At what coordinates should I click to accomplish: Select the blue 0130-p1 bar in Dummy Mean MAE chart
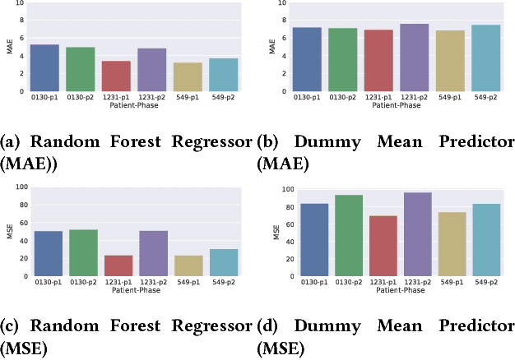pyautogui.click(x=307, y=59)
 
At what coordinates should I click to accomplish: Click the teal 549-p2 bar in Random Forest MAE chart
pyautogui.click(x=224, y=75)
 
